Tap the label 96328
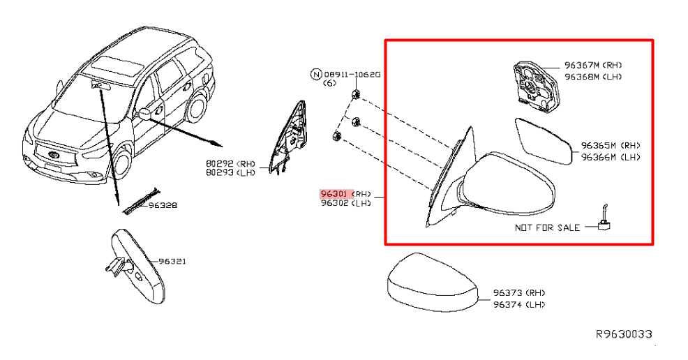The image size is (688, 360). coord(163,205)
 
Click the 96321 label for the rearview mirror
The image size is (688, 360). coord(172,262)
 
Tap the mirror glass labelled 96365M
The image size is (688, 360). coord(543,141)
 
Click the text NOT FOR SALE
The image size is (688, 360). coord(547,227)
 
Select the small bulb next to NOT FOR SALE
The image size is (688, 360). coord(604,219)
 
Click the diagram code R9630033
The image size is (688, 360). coord(624,334)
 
